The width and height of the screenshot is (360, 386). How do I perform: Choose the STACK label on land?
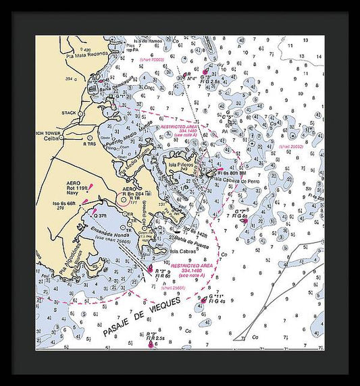tap(69, 113)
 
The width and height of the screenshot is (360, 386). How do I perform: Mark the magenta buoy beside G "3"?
tap(205, 71)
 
